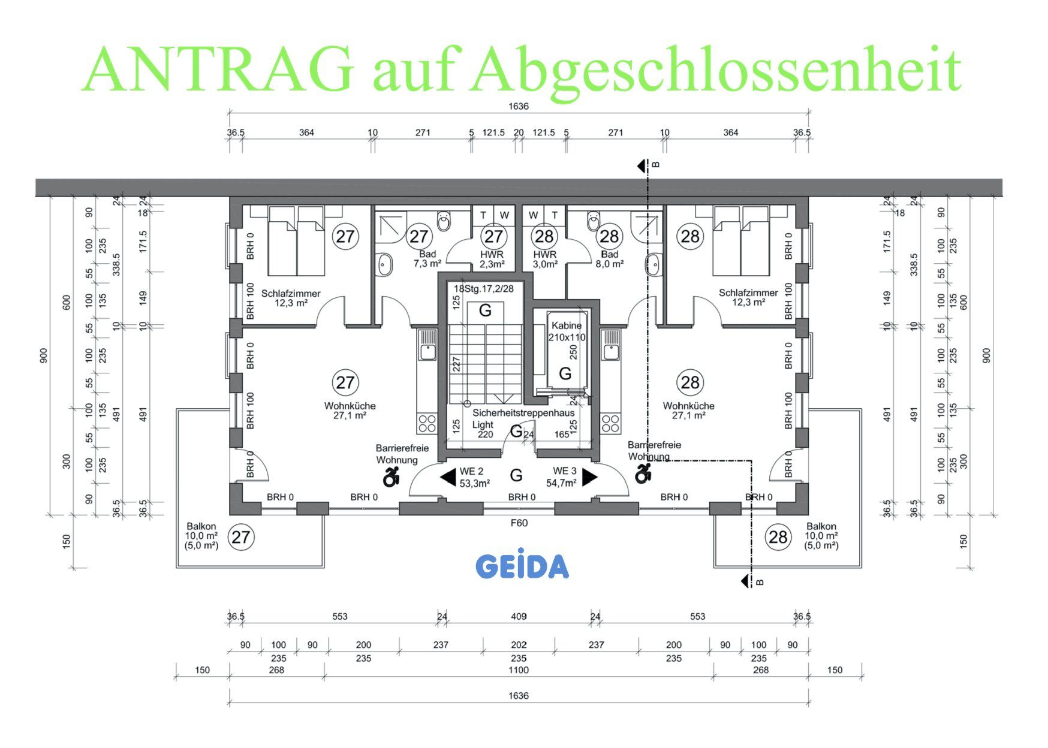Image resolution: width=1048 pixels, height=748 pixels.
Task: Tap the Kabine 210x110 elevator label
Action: [567, 331]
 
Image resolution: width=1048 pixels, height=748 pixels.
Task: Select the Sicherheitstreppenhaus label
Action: [523, 413]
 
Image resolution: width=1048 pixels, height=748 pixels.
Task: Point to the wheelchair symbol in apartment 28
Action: [643, 473]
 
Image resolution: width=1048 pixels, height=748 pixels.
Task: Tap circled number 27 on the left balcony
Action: [240, 536]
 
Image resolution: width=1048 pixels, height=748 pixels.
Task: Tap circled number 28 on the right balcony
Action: [778, 536]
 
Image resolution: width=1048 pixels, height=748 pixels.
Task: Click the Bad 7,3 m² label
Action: [427, 259]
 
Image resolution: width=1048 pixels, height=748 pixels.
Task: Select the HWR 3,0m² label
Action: [545, 259]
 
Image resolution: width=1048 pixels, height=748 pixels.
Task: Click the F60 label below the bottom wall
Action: [519, 523]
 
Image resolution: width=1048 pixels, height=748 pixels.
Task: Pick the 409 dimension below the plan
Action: [519, 616]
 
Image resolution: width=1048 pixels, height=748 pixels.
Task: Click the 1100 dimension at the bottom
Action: [519, 670]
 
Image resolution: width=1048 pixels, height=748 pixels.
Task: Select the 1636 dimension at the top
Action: [519, 106]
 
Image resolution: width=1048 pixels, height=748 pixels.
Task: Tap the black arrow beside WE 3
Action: [589, 477]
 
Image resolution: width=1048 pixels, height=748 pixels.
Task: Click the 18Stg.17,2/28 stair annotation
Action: [483, 288]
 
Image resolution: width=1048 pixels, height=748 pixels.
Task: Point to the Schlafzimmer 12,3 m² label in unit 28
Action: [748, 297]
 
